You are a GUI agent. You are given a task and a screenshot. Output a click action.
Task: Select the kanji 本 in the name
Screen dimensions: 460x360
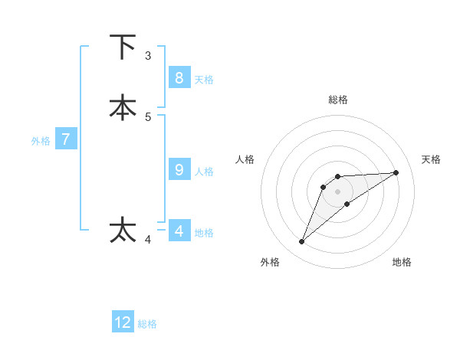pyautogui.click(x=123, y=107)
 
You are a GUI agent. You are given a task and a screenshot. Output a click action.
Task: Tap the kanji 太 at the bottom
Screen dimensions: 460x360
pyautogui.click(x=123, y=230)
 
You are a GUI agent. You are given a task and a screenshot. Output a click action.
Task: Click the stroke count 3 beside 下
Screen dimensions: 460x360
pyautogui.click(x=148, y=56)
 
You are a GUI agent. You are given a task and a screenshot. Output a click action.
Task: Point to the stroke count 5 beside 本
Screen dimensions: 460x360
pyautogui.click(x=148, y=117)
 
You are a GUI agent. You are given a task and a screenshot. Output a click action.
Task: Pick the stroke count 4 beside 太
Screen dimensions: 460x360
pyautogui.click(x=148, y=240)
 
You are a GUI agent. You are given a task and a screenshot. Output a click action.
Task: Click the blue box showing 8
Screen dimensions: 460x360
pyautogui.click(x=179, y=77)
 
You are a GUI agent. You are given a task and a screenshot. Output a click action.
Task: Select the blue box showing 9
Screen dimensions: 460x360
pyautogui.click(x=179, y=170)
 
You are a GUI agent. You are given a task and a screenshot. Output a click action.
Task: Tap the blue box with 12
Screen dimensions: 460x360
pyautogui.click(x=123, y=322)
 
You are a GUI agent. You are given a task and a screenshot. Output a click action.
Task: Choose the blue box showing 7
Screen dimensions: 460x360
pyautogui.click(x=66, y=139)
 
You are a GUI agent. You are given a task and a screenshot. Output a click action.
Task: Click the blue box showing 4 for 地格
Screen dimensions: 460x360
pyautogui.click(x=179, y=231)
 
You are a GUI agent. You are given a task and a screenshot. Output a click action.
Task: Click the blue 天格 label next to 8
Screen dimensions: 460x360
pyautogui.click(x=204, y=79)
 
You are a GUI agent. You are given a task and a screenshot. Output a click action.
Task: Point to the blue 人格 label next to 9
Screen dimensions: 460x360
pyautogui.click(x=204, y=172)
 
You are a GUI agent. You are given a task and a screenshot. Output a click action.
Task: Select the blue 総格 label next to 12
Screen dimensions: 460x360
pyautogui.click(x=147, y=324)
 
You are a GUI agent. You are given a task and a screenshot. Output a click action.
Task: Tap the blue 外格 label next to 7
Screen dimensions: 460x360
pyautogui.click(x=41, y=141)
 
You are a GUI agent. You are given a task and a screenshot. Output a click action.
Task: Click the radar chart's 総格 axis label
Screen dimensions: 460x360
pyautogui.click(x=338, y=100)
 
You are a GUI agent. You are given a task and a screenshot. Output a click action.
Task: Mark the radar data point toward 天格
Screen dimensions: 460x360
pyautogui.click(x=396, y=172)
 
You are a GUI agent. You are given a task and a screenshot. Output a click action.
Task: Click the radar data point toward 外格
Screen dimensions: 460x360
pyautogui.click(x=302, y=242)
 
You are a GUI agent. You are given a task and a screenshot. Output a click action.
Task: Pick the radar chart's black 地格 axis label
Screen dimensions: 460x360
pyautogui.click(x=402, y=262)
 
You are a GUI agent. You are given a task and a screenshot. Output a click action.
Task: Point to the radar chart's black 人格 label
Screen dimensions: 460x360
pyautogui.click(x=245, y=159)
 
